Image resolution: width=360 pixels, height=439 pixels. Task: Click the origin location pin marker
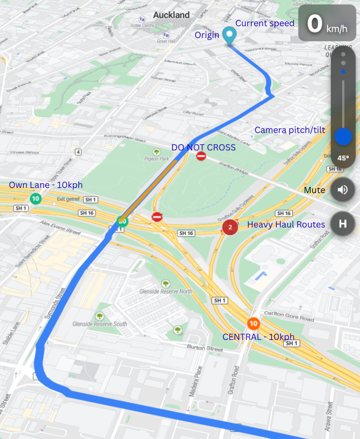tap(230, 35)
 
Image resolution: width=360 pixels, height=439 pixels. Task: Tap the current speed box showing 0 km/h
tap(327, 23)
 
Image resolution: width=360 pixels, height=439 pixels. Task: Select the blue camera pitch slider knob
tap(343, 137)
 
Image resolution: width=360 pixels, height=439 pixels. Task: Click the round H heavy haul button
tap(343, 223)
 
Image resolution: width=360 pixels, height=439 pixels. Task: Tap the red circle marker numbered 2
tap(230, 226)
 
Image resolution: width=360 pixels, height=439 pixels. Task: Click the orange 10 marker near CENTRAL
tap(253, 324)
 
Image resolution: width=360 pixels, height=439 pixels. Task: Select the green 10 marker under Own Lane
tap(35, 199)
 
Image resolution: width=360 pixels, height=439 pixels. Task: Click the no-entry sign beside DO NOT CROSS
tap(201, 156)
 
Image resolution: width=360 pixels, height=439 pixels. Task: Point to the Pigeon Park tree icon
tap(157, 151)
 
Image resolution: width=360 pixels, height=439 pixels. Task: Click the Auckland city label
tap(171, 15)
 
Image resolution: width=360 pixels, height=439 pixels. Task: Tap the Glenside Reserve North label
tap(165, 291)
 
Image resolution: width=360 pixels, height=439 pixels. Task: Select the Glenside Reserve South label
tap(99, 324)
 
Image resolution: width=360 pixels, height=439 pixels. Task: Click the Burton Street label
tap(205, 348)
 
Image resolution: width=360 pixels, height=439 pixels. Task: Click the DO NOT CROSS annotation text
tap(203, 147)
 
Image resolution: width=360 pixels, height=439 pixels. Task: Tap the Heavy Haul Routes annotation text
tap(286, 224)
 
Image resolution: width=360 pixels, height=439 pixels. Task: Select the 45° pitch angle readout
tap(343, 158)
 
